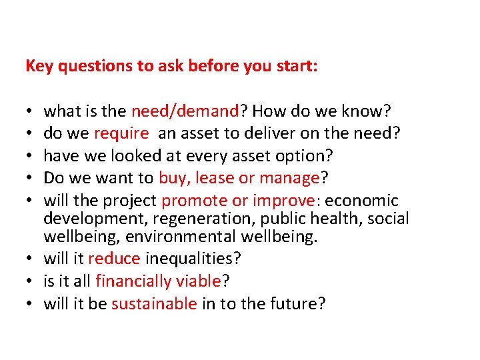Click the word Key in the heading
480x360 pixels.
click(x=37, y=67)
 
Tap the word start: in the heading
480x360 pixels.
click(x=296, y=67)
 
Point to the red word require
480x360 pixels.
click(x=121, y=133)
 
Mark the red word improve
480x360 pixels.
click(x=281, y=201)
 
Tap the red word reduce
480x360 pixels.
click(x=114, y=259)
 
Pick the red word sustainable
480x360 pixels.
click(x=154, y=304)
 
